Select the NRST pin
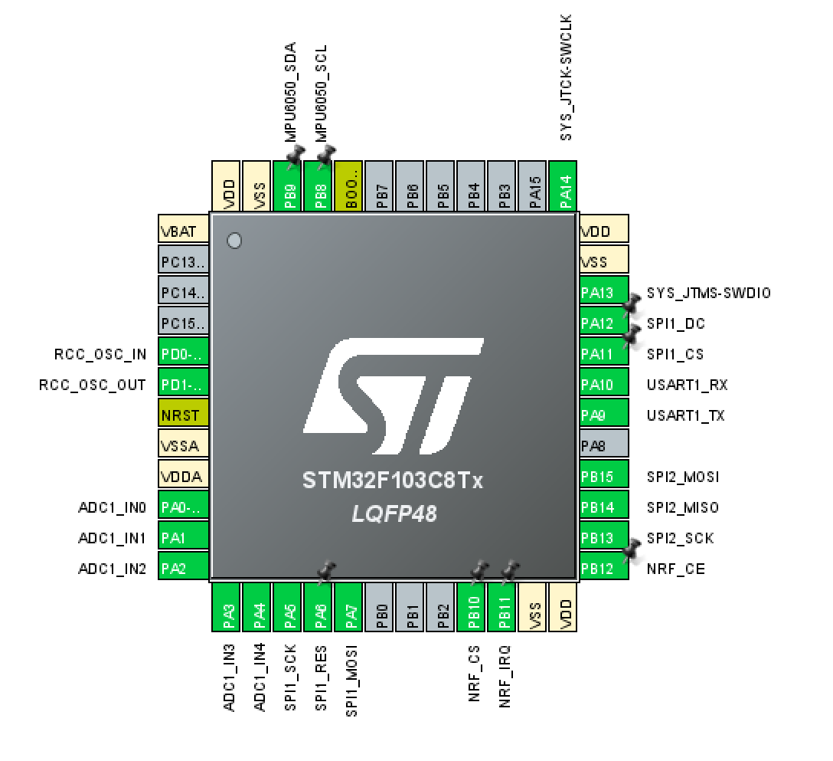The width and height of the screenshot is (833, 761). click(183, 415)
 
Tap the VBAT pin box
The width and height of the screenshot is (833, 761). click(183, 231)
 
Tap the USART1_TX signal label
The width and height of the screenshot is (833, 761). click(685, 415)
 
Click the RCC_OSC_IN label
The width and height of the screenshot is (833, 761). click(100, 354)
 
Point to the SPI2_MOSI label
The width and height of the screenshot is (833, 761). click(683, 477)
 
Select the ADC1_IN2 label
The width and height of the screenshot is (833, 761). click(112, 569)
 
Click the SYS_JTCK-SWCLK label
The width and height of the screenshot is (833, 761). click(567, 77)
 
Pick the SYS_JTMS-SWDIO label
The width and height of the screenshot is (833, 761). click(708, 293)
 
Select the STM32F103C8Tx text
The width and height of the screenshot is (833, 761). click(393, 481)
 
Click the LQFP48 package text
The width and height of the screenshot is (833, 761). click(394, 513)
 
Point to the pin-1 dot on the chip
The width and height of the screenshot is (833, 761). click(235, 241)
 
